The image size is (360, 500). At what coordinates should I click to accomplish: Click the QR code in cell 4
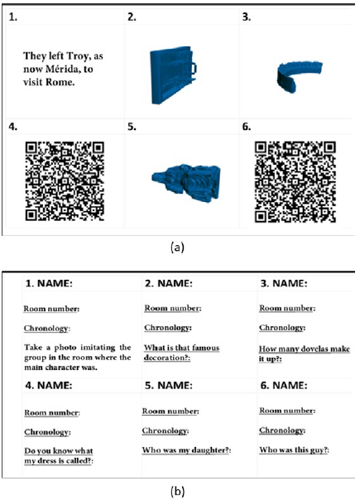tap(65, 181)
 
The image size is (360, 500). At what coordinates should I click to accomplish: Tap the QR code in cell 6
tap(295, 182)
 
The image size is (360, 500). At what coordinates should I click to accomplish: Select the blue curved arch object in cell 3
tap(299, 76)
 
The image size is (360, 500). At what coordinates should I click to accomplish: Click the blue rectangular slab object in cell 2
tap(173, 75)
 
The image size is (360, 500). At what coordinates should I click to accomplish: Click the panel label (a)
tap(177, 248)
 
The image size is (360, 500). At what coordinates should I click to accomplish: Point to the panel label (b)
tap(177, 492)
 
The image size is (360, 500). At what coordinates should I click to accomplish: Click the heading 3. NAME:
tap(284, 283)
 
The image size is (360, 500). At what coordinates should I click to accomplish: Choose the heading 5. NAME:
tap(168, 385)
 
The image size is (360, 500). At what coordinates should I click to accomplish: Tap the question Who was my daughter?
tap(186, 450)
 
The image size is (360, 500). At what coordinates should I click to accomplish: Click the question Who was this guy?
tap(294, 450)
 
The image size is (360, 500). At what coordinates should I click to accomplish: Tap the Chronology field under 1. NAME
tap(47, 329)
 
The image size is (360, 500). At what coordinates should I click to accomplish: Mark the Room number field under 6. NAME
tap(287, 411)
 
